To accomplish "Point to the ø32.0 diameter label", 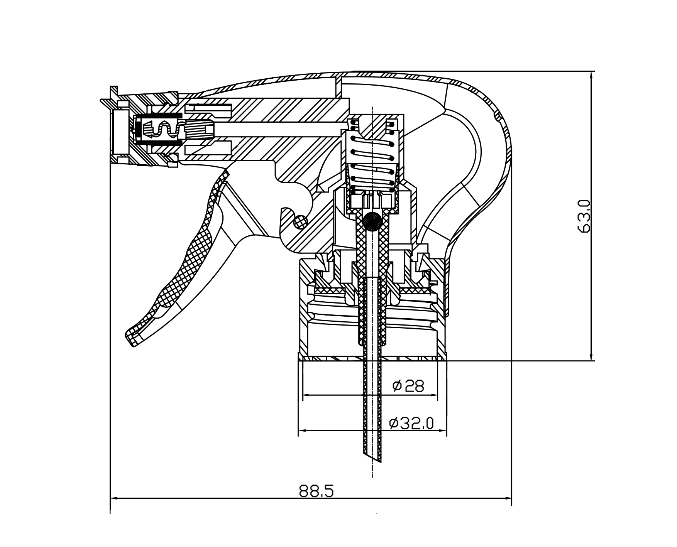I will (411, 423).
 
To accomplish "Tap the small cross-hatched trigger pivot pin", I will (300, 221).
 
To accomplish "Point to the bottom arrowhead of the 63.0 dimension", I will (591, 358).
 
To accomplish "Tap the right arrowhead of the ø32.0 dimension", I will (444, 431).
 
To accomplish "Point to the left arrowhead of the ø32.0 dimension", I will (301, 431).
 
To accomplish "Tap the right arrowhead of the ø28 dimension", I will (435, 395).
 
